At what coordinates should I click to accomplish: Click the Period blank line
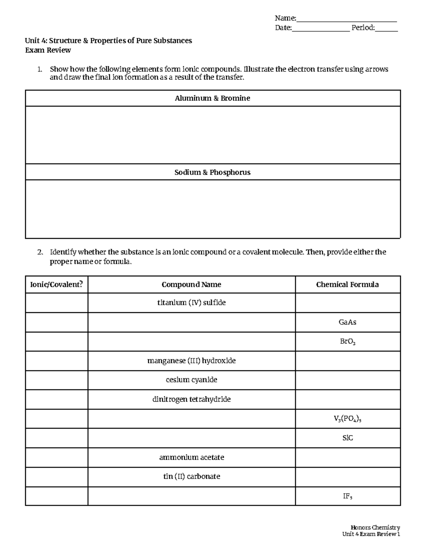386,28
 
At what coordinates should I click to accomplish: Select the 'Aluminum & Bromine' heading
212,98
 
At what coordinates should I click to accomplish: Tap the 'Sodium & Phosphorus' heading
212,172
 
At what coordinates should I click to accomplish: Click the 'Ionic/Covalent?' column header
57,285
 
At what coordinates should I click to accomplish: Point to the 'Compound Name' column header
191,285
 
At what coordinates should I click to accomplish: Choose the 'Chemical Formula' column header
347,285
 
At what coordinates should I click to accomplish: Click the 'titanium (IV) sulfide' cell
191,303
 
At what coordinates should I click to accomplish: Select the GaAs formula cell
347,322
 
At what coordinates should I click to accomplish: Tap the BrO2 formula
347,342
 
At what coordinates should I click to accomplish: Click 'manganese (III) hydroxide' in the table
191,361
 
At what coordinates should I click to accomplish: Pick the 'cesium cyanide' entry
191,380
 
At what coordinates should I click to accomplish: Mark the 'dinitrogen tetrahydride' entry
191,400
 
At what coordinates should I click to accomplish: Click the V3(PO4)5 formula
347,419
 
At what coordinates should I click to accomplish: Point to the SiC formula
347,438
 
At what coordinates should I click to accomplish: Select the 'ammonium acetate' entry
191,457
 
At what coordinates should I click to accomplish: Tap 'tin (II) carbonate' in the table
191,476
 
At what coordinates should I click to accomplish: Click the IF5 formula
347,496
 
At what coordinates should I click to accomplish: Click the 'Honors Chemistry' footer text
375,528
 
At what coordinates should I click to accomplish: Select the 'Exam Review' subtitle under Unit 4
48,50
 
